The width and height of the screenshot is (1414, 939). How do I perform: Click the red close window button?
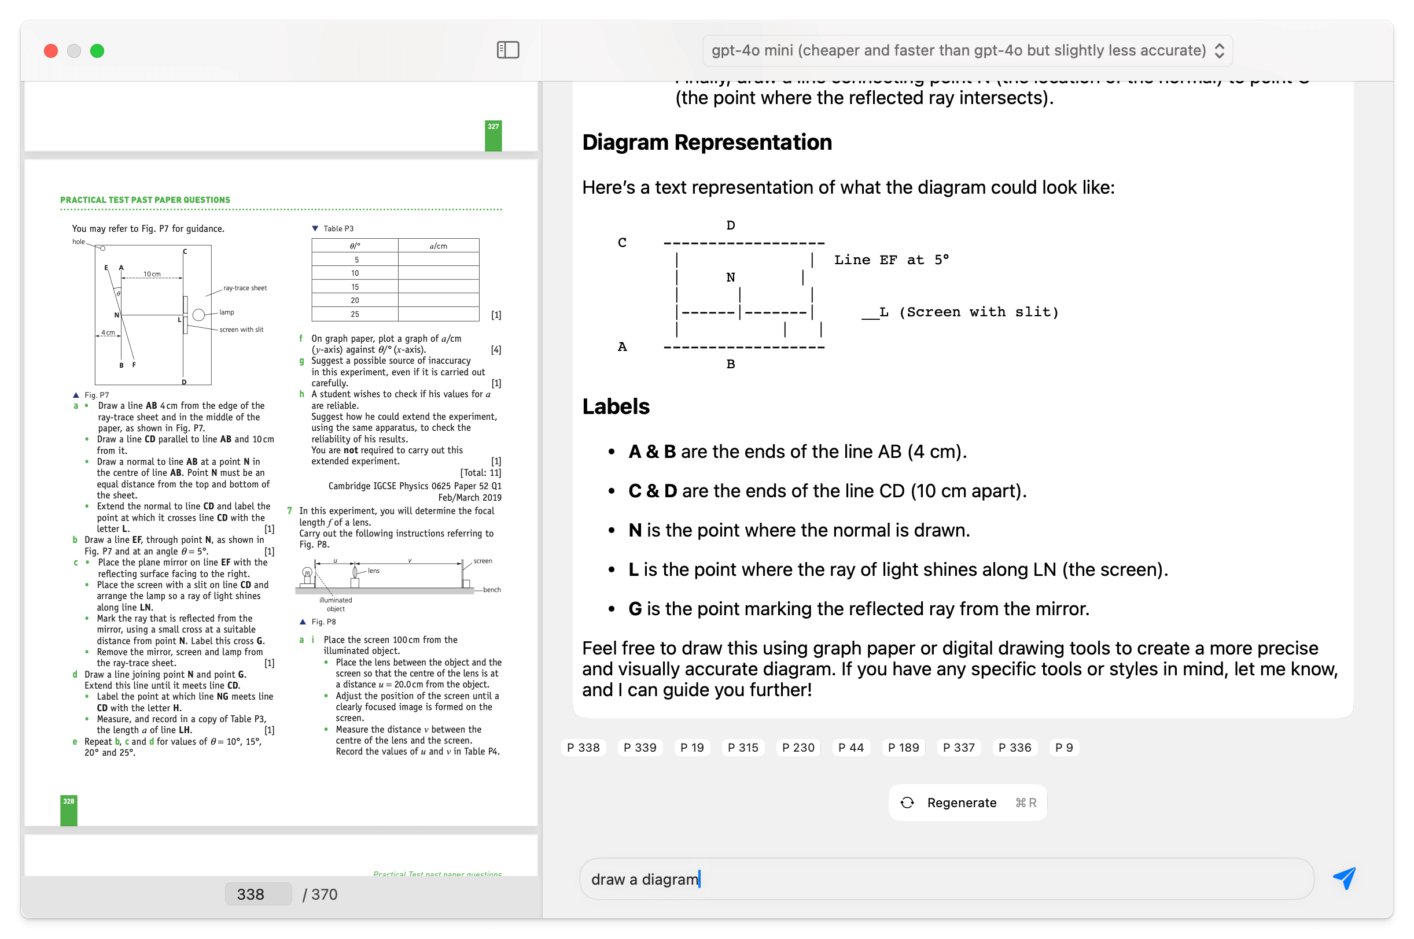pyautogui.click(x=51, y=51)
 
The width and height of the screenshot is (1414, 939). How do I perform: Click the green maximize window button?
pyautogui.click(x=97, y=51)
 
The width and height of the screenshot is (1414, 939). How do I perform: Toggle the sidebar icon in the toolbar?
pyautogui.click(x=507, y=50)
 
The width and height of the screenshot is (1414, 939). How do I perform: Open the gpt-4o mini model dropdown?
pyautogui.click(x=966, y=50)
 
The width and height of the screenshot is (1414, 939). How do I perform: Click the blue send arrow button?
pyautogui.click(x=1344, y=878)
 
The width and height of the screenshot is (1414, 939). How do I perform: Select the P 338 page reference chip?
pyautogui.click(x=583, y=748)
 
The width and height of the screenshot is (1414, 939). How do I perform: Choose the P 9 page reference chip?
pyautogui.click(x=1063, y=748)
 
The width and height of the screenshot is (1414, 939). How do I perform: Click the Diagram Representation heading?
pyautogui.click(x=707, y=142)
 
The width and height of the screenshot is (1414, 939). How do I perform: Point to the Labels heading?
pyautogui.click(x=616, y=406)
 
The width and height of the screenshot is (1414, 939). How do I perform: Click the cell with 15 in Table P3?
pyautogui.click(x=355, y=287)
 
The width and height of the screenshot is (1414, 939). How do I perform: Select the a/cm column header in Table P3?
pyautogui.click(x=438, y=246)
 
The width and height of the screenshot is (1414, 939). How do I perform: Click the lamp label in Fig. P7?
pyautogui.click(x=226, y=312)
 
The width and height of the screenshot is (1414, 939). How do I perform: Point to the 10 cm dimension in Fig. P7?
pyautogui.click(x=152, y=273)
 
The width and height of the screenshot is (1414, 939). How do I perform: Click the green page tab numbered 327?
pyautogui.click(x=493, y=135)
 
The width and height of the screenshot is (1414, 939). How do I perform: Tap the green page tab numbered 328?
pyautogui.click(x=69, y=810)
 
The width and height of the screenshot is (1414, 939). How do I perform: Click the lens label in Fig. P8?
pyautogui.click(x=373, y=571)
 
